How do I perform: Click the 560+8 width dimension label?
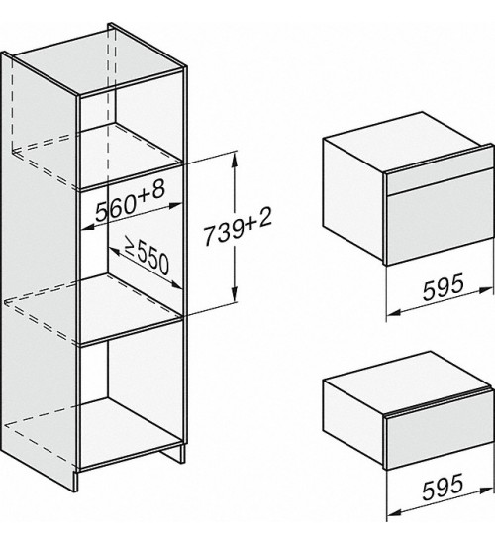(x=130, y=202)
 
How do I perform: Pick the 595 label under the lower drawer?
(x=443, y=486)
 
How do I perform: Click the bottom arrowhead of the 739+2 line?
(x=236, y=294)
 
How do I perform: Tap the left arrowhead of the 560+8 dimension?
(x=87, y=227)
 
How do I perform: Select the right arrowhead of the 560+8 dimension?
(x=174, y=205)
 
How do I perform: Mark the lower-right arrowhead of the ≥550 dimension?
(x=176, y=285)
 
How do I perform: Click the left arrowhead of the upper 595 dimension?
(x=394, y=312)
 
